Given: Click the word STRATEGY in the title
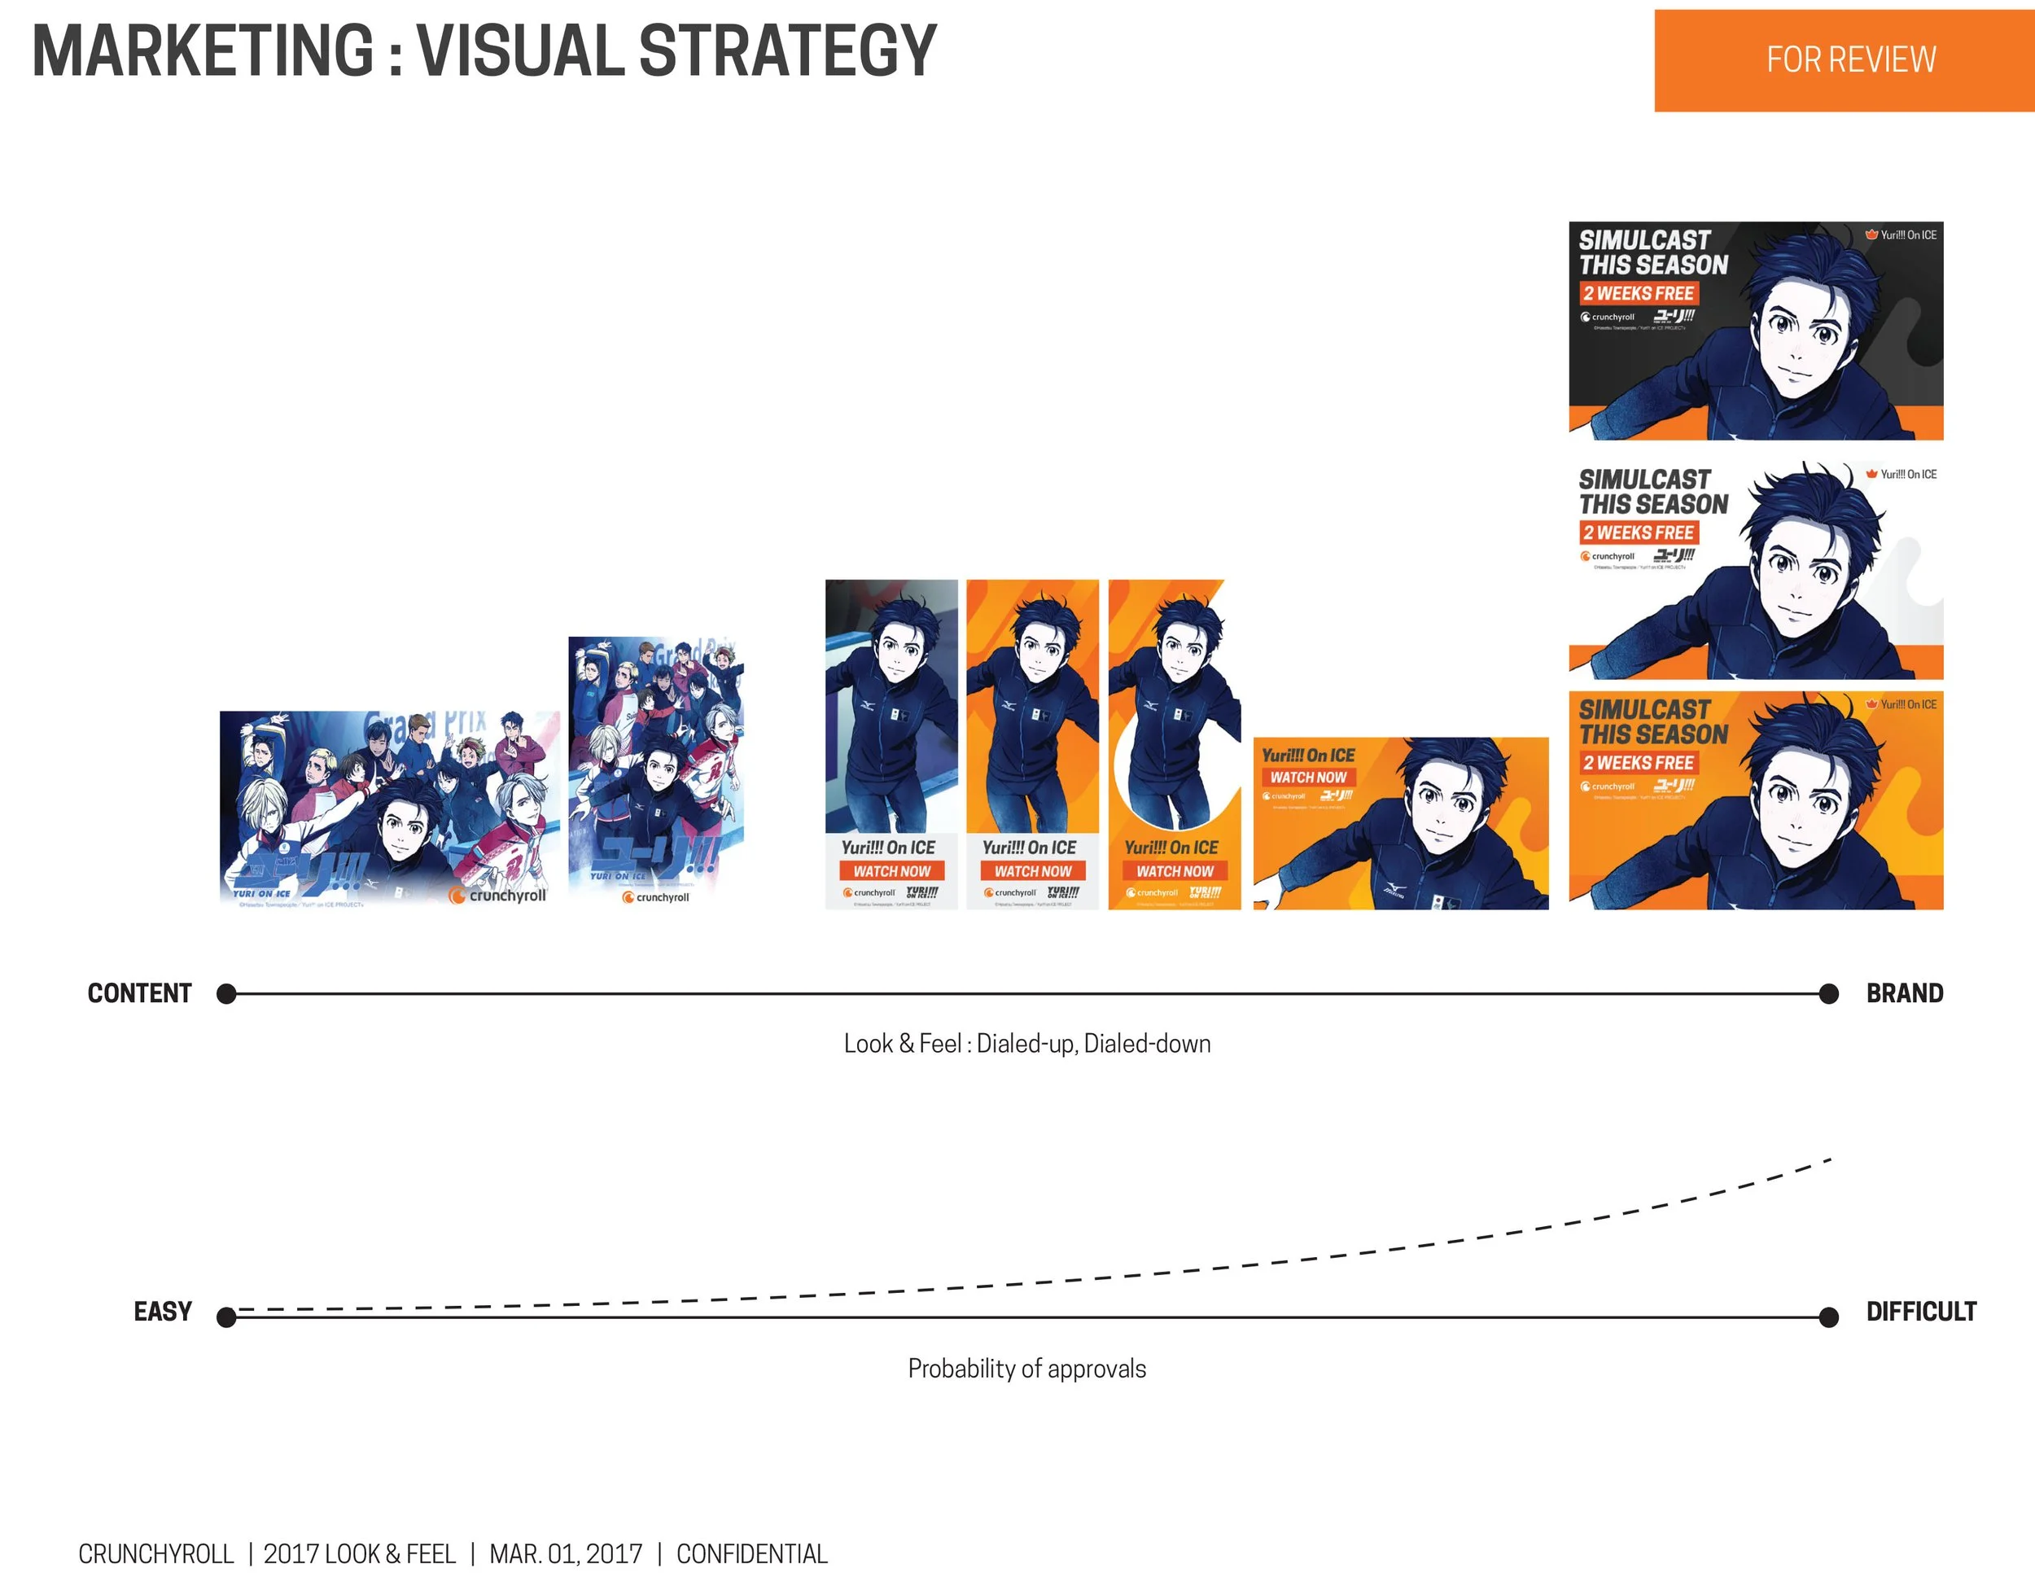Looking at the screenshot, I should [787, 51].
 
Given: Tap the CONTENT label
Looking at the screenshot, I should [140, 993].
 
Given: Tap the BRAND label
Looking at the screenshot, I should [1905, 993].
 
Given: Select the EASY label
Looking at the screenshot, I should [162, 1312].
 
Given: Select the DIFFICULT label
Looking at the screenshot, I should [1920, 1312].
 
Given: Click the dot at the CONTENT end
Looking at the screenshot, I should [225, 994].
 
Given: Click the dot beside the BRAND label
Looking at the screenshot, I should [1829, 994].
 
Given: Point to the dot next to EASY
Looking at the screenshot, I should [225, 1317].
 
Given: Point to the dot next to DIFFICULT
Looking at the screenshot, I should [1829, 1317].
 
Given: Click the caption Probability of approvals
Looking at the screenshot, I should [1026, 1369].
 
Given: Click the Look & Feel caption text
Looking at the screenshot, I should [1026, 1044].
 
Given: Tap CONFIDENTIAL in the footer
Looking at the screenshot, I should [752, 1554].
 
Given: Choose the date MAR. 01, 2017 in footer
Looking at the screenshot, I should [566, 1554].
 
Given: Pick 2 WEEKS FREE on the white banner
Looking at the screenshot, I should [1638, 533].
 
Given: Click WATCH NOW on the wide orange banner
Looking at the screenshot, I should [1308, 778].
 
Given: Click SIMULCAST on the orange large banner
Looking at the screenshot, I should [1644, 709].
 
